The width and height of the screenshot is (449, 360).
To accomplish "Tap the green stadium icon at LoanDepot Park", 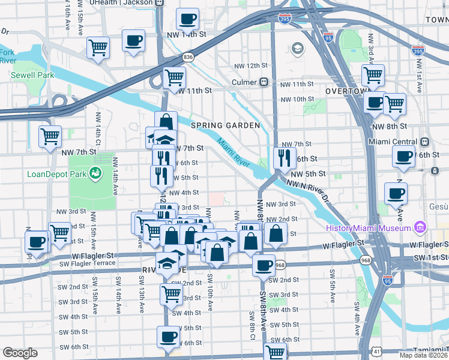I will click(94, 175).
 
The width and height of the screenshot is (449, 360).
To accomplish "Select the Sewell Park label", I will click(32, 75).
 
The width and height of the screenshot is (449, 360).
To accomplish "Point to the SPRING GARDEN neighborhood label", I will click(225, 125).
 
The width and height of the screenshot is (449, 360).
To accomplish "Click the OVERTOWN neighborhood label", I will click(346, 91).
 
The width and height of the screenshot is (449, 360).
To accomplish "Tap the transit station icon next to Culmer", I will click(263, 82).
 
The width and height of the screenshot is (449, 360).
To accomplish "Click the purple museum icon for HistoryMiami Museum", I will click(420, 228).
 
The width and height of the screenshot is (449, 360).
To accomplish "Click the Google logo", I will click(20, 353).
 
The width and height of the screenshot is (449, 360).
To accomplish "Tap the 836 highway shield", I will click(188, 57).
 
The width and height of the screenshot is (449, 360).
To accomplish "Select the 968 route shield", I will click(280, 265).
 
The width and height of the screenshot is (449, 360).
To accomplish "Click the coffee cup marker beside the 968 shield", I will click(263, 265).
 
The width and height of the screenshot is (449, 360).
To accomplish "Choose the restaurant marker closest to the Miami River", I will click(283, 158).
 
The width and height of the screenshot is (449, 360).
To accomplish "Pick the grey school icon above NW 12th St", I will click(297, 48).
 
